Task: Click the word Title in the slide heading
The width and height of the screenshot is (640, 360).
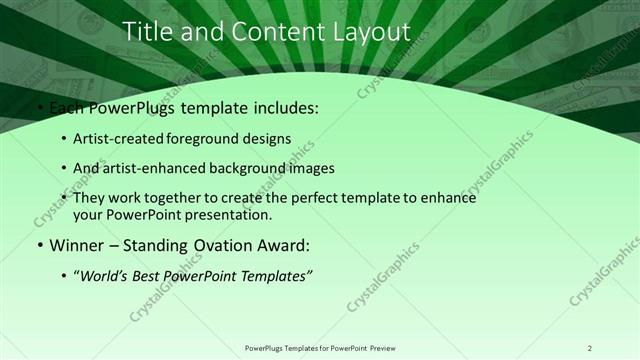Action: (148, 32)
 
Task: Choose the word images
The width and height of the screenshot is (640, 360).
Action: (310, 168)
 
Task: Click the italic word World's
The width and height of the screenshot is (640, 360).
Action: (106, 275)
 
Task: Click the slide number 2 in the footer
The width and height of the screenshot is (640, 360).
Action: (590, 348)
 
